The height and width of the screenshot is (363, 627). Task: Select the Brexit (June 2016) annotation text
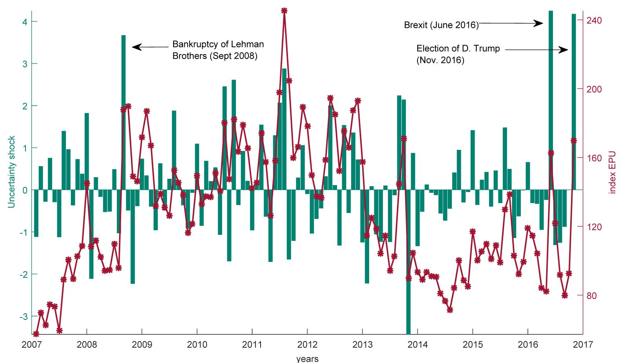(441, 25)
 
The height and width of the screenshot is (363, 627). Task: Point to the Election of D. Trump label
(458, 49)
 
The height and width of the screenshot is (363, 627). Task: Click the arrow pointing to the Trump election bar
(536, 50)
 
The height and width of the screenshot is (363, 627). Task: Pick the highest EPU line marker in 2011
(284, 11)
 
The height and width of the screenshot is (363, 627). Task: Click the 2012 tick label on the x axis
(307, 345)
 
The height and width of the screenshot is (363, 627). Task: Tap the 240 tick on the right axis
(594, 20)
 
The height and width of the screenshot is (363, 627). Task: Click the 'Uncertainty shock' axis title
(11, 172)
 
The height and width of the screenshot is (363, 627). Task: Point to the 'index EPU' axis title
(613, 172)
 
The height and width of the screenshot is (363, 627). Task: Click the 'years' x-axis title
(307, 358)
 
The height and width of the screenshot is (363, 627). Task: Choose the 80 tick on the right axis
(592, 296)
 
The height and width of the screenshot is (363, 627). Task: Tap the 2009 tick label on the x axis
(141, 345)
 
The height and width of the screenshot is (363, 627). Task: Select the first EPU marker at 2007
(36, 334)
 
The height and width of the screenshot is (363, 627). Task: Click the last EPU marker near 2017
(574, 140)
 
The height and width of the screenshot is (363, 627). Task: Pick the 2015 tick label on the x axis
(473, 345)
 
